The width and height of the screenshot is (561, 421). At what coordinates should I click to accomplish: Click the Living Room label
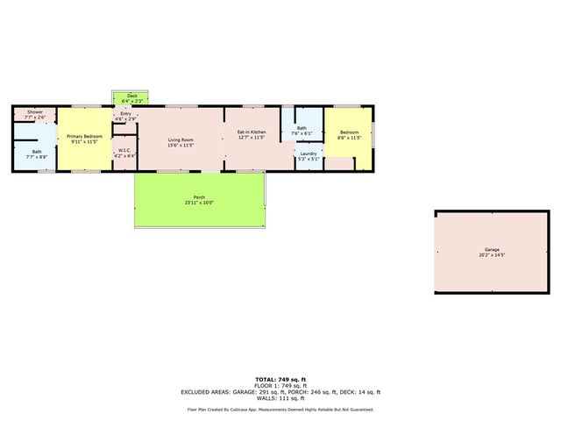(181, 139)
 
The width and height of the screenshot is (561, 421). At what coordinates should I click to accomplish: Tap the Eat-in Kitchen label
(251, 132)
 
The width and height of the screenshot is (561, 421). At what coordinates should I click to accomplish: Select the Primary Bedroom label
(86, 137)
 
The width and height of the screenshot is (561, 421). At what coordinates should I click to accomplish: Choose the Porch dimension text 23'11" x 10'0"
(199, 203)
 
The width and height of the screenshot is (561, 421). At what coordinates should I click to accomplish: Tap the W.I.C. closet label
(124, 150)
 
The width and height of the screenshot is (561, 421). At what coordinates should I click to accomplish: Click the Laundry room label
(308, 153)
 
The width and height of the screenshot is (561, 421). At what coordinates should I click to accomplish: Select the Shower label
(35, 112)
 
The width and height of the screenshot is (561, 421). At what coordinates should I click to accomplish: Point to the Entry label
(126, 113)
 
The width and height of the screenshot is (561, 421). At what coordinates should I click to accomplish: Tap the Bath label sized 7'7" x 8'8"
(37, 153)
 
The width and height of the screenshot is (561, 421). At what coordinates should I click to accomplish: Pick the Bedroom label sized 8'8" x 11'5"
(350, 132)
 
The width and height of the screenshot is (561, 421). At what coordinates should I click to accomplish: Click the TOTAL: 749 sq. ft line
(280, 379)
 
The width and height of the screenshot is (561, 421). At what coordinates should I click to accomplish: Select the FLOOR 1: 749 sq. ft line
(280, 386)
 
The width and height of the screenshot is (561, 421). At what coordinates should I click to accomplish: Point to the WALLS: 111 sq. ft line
(280, 398)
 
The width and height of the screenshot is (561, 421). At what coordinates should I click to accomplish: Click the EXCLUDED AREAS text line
(280, 392)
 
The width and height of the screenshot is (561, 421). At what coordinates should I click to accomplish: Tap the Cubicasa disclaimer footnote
(280, 409)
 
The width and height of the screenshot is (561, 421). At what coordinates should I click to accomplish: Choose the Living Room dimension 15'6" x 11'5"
(181, 145)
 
